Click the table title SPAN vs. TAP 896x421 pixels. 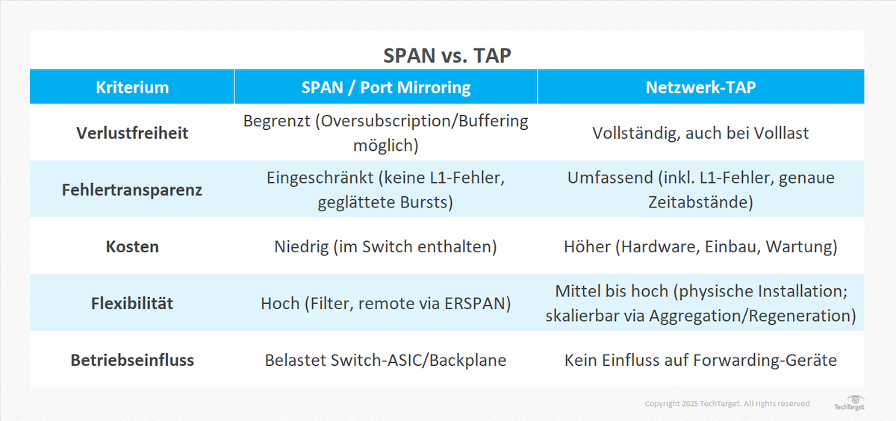point(447,56)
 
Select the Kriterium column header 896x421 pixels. point(132,87)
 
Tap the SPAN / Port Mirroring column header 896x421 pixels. point(385,87)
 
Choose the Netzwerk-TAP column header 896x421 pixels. point(700,87)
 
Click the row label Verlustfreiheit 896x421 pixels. point(132,133)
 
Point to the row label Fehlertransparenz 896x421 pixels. point(132,190)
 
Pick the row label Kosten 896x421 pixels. point(132,246)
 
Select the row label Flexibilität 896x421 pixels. point(132,303)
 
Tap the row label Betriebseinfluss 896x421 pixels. point(132,360)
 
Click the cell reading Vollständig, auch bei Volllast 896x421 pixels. point(700,133)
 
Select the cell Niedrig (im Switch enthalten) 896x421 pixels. point(385,246)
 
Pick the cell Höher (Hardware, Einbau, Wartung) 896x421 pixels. point(700,246)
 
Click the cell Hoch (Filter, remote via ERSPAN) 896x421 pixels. point(385,303)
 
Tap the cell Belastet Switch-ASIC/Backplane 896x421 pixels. point(385,360)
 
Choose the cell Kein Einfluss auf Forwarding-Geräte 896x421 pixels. point(700,360)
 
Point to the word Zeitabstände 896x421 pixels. point(700,202)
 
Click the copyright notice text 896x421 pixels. point(727,404)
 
